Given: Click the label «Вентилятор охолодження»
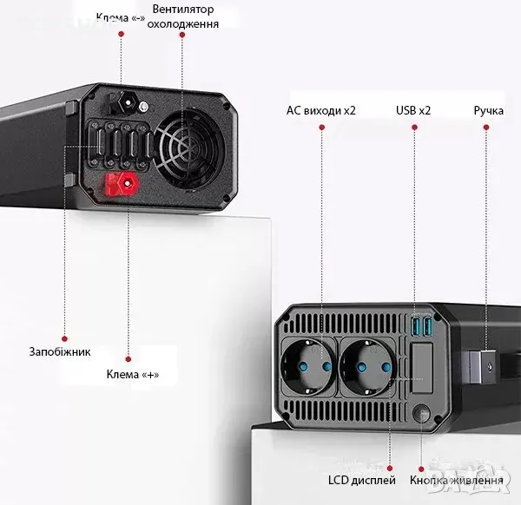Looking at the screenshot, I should (182, 16).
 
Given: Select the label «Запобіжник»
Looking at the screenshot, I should (58, 351).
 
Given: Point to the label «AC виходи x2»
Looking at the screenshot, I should (320, 110).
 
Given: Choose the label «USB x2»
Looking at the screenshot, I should (413, 110).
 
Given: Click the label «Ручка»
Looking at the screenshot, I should (489, 110).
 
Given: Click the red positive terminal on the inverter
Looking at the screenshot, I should (122, 184).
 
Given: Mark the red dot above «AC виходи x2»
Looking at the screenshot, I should (321, 128).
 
